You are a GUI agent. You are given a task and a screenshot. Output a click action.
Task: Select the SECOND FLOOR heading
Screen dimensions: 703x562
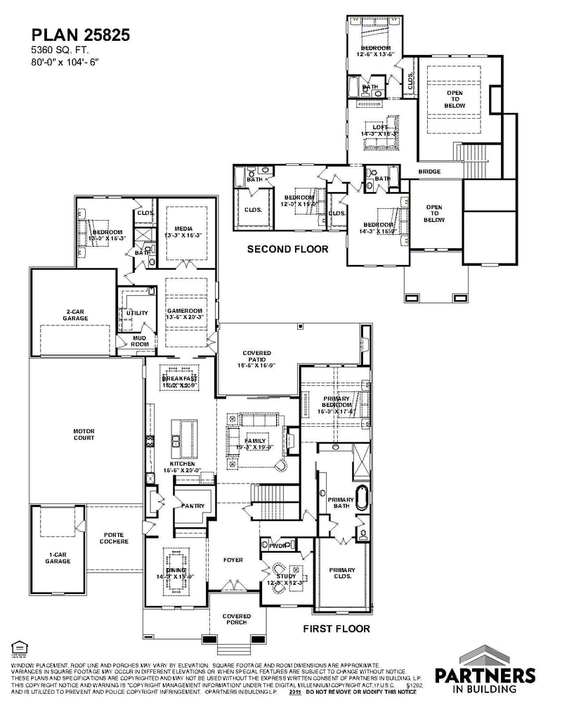click(x=287, y=249)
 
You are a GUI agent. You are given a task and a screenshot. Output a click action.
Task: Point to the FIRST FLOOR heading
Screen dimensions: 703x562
click(x=336, y=628)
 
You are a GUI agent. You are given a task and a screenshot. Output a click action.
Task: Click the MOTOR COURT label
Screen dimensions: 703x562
click(x=84, y=434)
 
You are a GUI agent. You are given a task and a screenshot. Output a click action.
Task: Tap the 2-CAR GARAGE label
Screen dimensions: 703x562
click(x=75, y=315)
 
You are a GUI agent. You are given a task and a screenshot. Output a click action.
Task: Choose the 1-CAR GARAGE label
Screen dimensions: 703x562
click(x=58, y=557)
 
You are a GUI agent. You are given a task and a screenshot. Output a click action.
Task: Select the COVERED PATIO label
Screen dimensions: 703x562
click(x=257, y=357)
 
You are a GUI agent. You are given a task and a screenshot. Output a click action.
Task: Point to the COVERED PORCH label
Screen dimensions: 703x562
click(x=237, y=619)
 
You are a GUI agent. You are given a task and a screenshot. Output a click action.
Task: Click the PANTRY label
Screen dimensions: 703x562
click(x=192, y=505)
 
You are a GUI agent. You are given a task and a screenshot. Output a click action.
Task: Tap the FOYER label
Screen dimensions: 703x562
click(x=233, y=560)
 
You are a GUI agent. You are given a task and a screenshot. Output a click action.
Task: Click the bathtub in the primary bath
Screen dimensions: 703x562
click(x=362, y=497)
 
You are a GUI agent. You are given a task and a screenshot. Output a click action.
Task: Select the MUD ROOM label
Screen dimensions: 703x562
click(x=140, y=340)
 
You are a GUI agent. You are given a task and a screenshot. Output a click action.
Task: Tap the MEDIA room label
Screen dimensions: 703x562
click(x=182, y=231)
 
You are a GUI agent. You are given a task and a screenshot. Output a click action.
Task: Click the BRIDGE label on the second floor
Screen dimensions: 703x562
click(x=429, y=172)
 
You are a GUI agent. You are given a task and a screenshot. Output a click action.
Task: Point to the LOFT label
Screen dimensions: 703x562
click(x=379, y=129)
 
